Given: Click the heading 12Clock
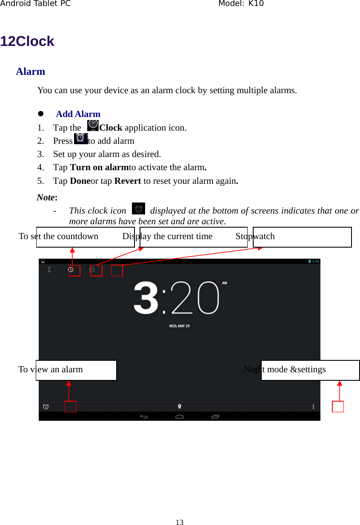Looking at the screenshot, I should click(27, 41).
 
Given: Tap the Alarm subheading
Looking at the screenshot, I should click(30, 71).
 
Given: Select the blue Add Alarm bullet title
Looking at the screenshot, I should click(78, 114).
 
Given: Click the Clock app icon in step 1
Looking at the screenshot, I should click(92, 126).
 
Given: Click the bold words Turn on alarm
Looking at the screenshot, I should click(99, 167).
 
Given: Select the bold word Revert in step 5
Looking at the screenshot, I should click(128, 181).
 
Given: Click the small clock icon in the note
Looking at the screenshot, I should click(138, 209).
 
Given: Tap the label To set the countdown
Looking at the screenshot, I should click(59, 237).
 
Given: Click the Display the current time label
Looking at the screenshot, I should click(167, 237).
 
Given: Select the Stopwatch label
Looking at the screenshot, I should click(255, 237).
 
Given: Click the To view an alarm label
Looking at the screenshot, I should click(51, 370).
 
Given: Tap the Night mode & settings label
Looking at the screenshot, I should click(285, 370).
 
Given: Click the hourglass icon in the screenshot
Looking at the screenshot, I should click(49, 270).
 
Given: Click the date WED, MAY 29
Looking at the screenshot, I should click(179, 326).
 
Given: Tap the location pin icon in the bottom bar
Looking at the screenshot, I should click(180, 407).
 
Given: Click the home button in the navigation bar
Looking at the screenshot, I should click(180, 417).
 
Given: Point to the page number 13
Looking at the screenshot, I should click(180, 522).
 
